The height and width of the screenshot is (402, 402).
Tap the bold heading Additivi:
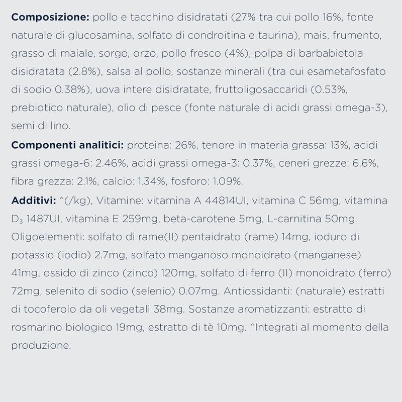click(34, 201)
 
